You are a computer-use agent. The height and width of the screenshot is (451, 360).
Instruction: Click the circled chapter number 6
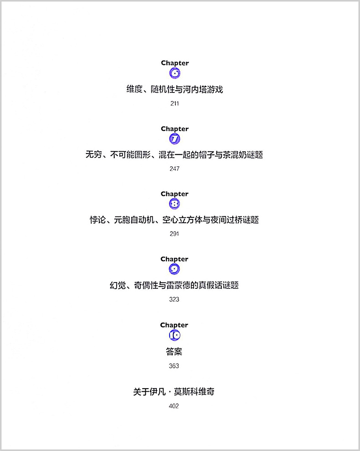[175, 73]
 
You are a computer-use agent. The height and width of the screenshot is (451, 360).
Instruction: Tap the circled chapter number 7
[175, 139]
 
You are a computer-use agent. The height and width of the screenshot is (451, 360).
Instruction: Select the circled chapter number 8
[175, 204]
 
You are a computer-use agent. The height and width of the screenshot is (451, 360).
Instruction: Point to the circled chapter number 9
[174, 269]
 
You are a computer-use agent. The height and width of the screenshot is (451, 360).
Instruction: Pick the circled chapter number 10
[175, 335]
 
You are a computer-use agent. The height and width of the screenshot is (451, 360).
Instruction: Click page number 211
[175, 103]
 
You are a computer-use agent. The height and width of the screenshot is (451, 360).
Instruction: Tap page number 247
[175, 169]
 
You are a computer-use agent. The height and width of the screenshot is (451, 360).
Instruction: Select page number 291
[174, 234]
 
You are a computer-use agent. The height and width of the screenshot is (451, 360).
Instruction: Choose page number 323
[174, 299]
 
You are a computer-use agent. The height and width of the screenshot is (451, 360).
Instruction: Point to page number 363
[174, 366]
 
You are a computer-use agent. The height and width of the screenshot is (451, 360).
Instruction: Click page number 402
[174, 406]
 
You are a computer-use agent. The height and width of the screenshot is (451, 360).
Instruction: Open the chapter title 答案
[174, 352]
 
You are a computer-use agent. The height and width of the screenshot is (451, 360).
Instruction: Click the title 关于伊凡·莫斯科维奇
[174, 391]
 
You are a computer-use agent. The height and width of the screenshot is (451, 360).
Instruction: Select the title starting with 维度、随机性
[175, 89]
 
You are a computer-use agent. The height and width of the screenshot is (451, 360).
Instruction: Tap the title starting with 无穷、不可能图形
[174, 155]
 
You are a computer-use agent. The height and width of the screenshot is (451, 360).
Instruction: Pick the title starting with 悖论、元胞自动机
[174, 220]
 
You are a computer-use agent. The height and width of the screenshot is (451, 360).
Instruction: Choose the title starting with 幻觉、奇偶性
[174, 285]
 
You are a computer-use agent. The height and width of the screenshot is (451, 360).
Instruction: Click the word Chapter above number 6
[175, 63]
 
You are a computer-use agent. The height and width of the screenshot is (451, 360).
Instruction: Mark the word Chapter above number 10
[174, 325]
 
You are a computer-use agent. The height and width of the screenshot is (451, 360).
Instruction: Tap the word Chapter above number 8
[175, 194]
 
